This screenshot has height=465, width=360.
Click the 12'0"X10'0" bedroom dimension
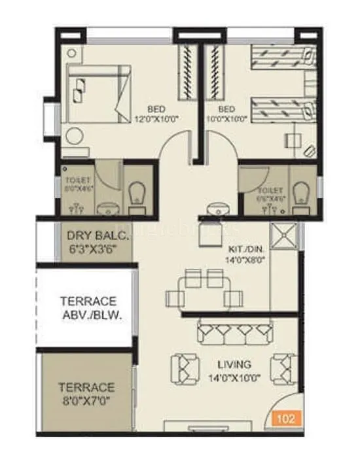[157, 118]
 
